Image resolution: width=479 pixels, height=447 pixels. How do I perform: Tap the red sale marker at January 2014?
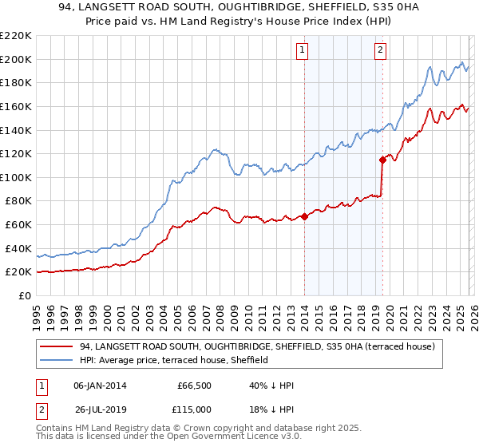tap(304, 216)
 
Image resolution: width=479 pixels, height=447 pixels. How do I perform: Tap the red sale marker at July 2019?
tap(382, 160)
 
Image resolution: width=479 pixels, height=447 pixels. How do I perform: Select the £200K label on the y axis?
tap(16, 59)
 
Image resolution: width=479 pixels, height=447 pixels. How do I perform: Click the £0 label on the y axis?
tap(26, 295)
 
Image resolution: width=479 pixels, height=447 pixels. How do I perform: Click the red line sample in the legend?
tap(57, 346)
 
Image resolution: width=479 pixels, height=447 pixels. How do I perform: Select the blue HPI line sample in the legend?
tap(57, 361)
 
